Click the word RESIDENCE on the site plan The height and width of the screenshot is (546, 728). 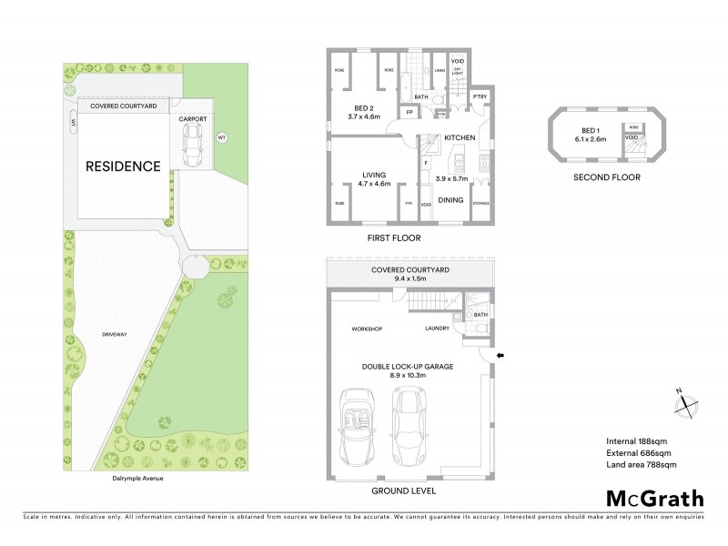click(x=123, y=167)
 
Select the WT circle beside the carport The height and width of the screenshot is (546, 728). click(x=220, y=137)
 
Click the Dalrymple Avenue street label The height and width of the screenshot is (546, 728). click(x=126, y=477)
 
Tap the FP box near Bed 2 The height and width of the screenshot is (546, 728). click(x=410, y=112)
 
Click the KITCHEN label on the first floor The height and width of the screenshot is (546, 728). click(x=460, y=136)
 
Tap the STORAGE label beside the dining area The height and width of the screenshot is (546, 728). click(x=481, y=203)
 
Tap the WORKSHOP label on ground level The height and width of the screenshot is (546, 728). click(x=365, y=329)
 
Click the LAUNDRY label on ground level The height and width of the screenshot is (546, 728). click(x=438, y=329)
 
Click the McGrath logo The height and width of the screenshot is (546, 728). click(x=654, y=498)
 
